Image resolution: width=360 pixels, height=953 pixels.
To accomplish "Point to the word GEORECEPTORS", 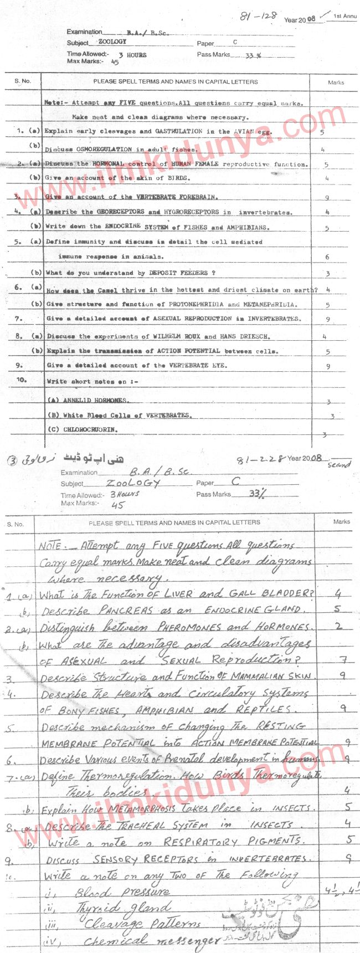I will (121, 212).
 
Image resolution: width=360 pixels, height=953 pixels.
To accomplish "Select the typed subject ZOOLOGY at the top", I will (112, 42).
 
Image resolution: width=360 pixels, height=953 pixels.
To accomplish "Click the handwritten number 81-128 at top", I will (258, 16).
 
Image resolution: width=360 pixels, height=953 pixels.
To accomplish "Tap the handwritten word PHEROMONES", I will (190, 627).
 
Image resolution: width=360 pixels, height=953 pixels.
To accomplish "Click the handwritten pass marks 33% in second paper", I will (258, 494).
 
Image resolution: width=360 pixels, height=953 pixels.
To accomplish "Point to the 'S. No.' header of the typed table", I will (23, 81).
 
